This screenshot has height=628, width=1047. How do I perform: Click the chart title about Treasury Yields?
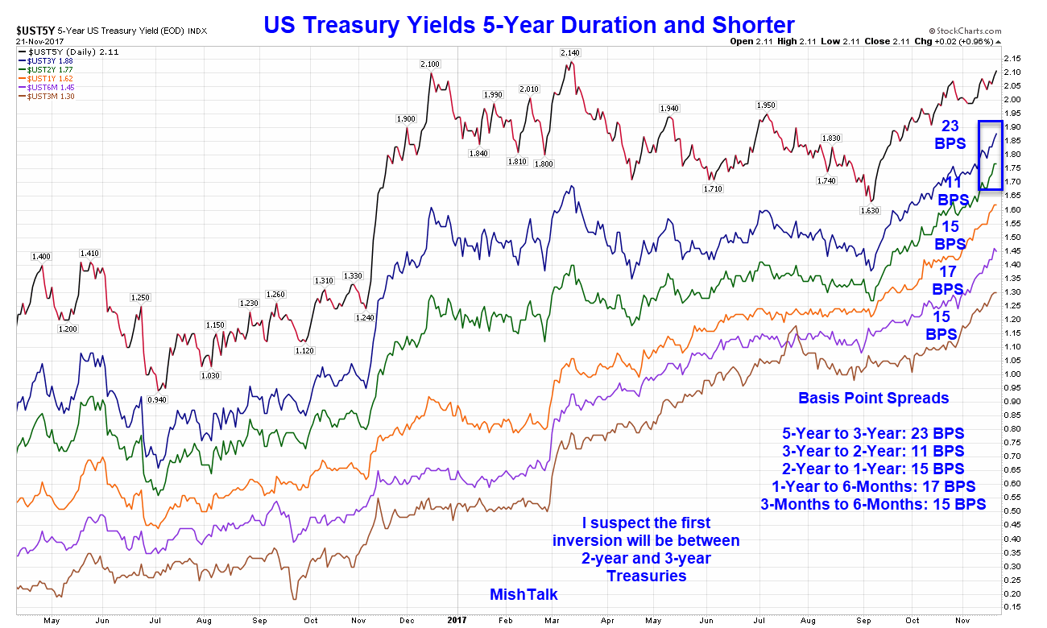[x=529, y=25]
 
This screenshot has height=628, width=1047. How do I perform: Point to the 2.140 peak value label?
[x=570, y=52]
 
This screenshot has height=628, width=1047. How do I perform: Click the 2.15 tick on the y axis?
[x=1012, y=58]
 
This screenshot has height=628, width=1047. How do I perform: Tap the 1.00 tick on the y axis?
[x=1012, y=374]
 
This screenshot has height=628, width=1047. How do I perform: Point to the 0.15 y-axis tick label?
[x=1012, y=607]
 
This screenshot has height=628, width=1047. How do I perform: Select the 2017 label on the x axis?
[x=457, y=621]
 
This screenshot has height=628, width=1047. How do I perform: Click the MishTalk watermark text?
[x=523, y=595]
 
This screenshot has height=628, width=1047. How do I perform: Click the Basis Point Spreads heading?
[x=873, y=398]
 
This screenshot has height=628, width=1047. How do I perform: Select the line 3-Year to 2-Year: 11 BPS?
[x=873, y=451]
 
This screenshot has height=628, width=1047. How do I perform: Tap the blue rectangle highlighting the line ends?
[x=990, y=155]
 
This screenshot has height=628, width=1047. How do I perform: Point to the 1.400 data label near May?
[x=41, y=256]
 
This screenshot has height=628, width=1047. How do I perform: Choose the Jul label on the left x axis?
[x=153, y=621]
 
